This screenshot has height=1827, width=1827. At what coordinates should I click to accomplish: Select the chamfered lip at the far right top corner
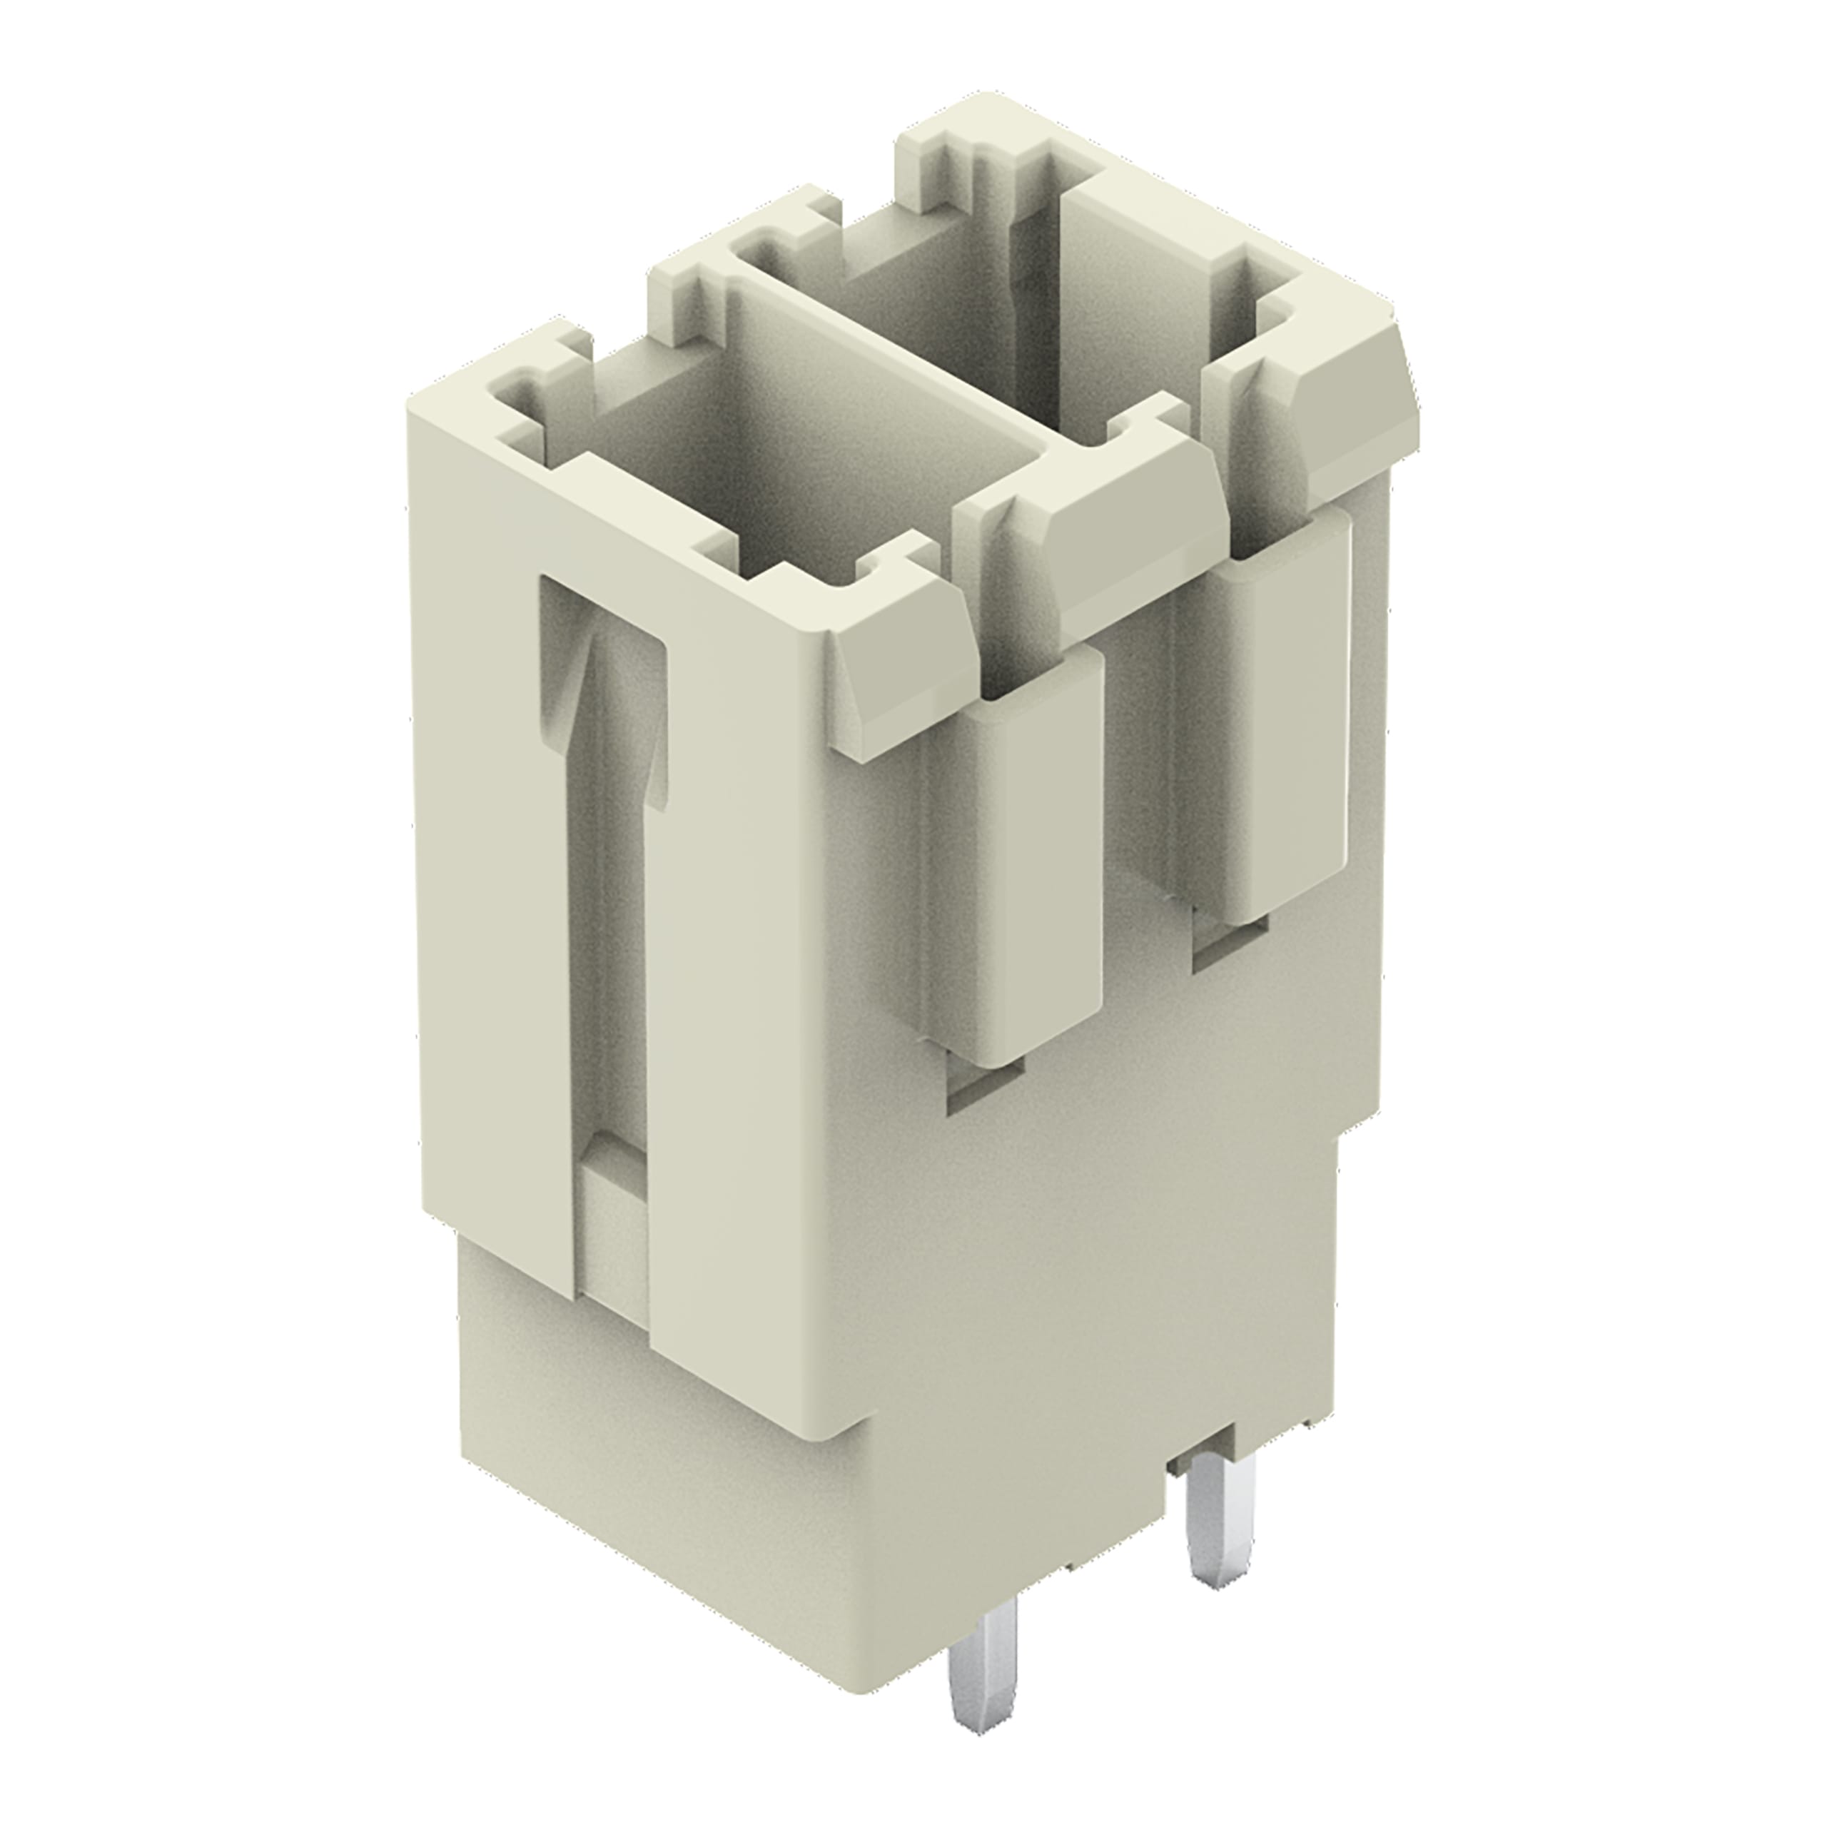coord(1352,416)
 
